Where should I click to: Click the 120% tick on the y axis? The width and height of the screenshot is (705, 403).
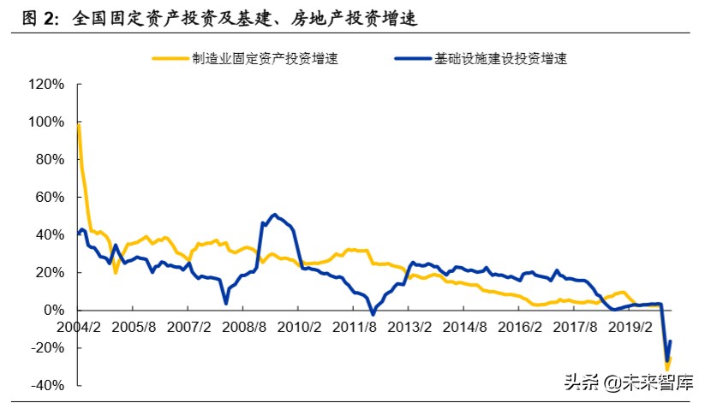tap(48, 85)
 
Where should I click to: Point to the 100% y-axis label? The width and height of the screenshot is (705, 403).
tap(48, 122)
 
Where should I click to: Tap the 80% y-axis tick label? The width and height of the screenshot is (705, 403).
tap(51, 160)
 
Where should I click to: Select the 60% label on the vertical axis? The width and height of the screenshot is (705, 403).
tap(51, 198)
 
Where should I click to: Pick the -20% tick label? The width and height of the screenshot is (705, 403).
tap(50, 347)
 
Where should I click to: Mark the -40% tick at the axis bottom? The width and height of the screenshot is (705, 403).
tap(50, 385)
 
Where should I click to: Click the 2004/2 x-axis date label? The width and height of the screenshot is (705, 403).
tap(78, 327)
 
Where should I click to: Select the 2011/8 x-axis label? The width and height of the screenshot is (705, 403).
tap(355, 327)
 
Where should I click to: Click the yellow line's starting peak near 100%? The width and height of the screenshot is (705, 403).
tap(78, 125)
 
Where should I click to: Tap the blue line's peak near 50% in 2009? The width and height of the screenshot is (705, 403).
tap(274, 215)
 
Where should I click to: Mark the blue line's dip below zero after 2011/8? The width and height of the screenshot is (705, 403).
tap(373, 314)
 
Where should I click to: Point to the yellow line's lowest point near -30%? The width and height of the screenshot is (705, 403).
tap(666, 368)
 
